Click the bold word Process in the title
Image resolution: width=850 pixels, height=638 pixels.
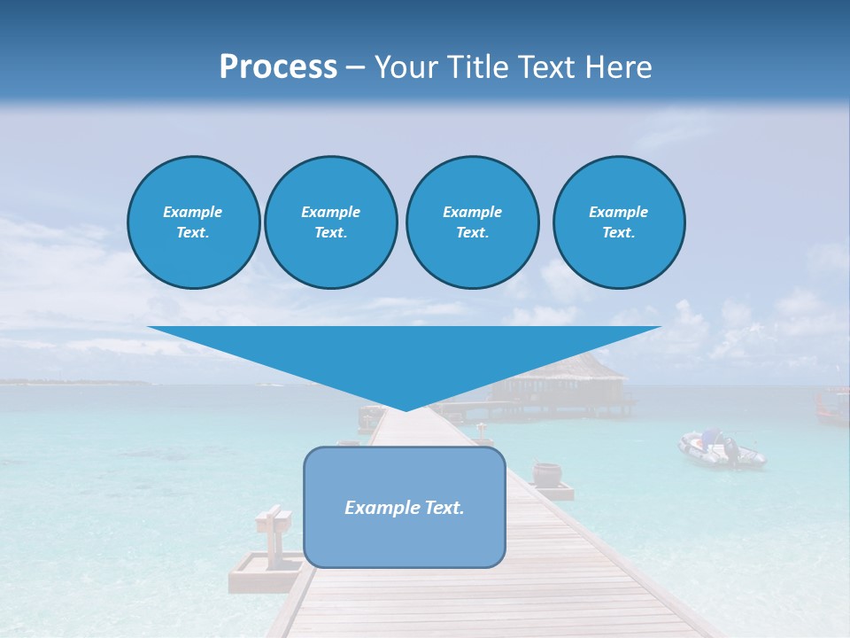(278, 67)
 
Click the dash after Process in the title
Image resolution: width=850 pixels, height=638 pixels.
(355, 69)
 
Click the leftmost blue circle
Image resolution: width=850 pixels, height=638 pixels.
(193, 222)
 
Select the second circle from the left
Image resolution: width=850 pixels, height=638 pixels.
(330, 222)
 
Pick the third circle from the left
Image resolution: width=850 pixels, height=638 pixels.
(472, 222)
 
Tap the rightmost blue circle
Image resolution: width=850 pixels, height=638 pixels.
(619, 222)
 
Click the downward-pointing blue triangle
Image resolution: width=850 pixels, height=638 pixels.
(405, 359)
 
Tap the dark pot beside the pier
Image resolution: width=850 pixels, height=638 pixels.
(546, 474)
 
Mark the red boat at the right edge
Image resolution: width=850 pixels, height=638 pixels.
(831, 404)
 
